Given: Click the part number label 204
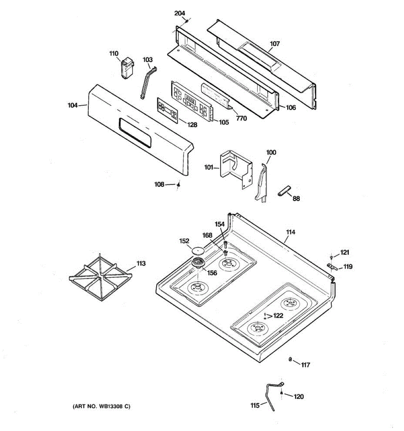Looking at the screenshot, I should tap(180, 14).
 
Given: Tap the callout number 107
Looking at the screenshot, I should tap(275, 44).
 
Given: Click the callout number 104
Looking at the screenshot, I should tap(73, 105).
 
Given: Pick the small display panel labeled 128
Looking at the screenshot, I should tap(167, 111).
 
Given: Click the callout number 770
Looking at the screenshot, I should tap(242, 118).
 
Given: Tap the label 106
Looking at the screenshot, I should tap(291, 107).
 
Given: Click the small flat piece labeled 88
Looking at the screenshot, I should tap(284, 191).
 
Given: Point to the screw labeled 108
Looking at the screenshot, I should tap(178, 185).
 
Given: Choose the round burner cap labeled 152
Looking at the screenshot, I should tap(197, 249).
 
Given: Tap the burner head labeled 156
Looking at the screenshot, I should tap(197, 263).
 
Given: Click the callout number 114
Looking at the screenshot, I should tap(291, 232).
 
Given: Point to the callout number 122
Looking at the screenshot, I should tap(278, 316).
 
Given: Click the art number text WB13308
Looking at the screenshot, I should tap(102, 407).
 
